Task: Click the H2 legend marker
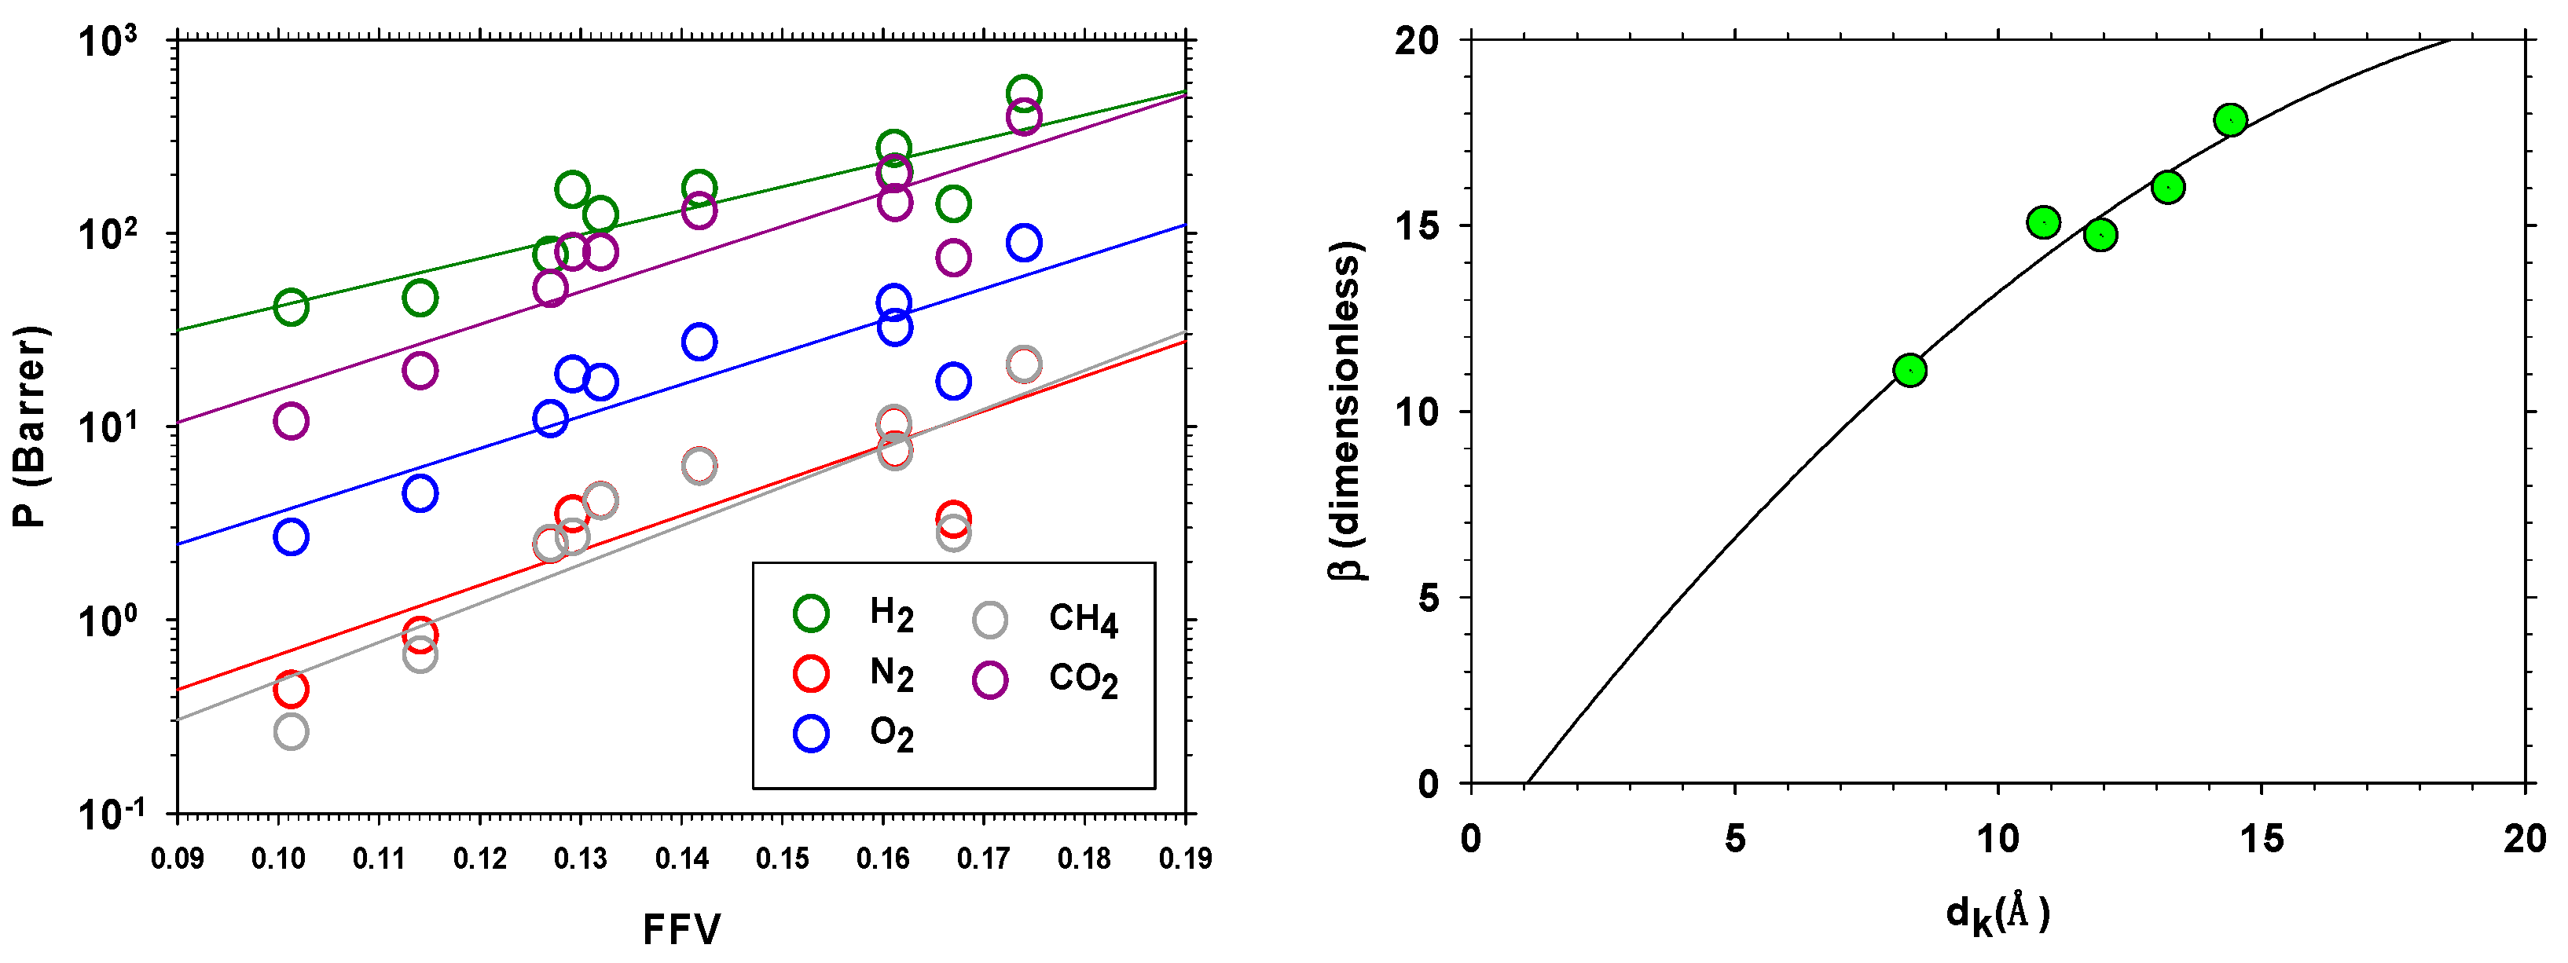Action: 810,613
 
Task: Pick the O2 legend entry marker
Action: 810,734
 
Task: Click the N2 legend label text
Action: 891,674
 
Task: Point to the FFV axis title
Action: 682,929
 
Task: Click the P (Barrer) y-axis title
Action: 30,427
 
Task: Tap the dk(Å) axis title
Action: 1997,914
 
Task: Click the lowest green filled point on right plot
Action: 1909,371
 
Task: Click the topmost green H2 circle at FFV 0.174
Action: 1024,93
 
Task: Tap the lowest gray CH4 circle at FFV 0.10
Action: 290,732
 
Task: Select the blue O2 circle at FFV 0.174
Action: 1024,242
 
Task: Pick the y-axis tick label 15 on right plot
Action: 1417,226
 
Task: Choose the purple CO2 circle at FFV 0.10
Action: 290,421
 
